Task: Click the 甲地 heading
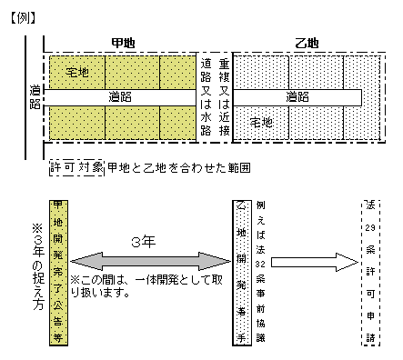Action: click(x=122, y=42)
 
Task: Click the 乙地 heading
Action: click(x=307, y=42)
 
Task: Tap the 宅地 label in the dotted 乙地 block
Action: click(x=261, y=121)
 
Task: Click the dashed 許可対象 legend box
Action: click(x=77, y=167)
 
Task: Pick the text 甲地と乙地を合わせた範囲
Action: click(x=178, y=167)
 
